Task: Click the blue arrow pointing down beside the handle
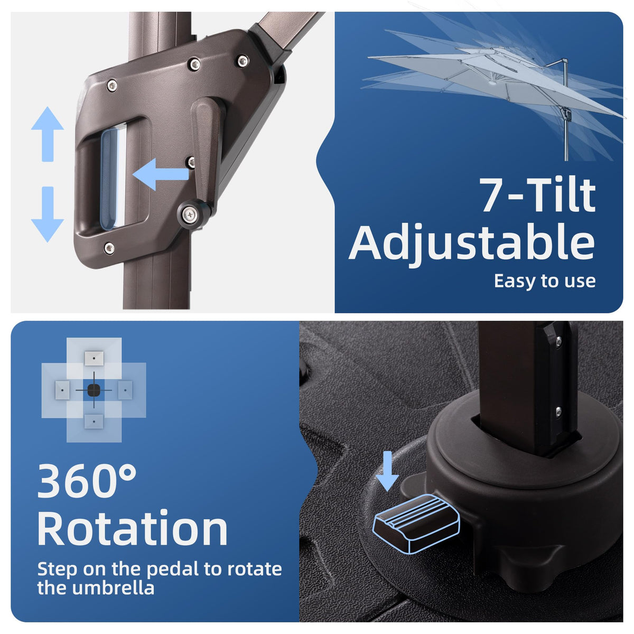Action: (x=48, y=215)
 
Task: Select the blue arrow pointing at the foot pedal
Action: (x=388, y=471)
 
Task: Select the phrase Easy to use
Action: (x=545, y=281)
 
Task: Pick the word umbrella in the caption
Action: (x=113, y=588)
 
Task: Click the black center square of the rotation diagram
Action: (x=94, y=390)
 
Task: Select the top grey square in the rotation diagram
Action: (x=94, y=358)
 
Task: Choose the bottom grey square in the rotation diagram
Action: (x=94, y=421)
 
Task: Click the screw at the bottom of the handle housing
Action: (x=109, y=248)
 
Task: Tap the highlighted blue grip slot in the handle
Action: (x=109, y=179)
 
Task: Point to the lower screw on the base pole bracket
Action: (x=558, y=411)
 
